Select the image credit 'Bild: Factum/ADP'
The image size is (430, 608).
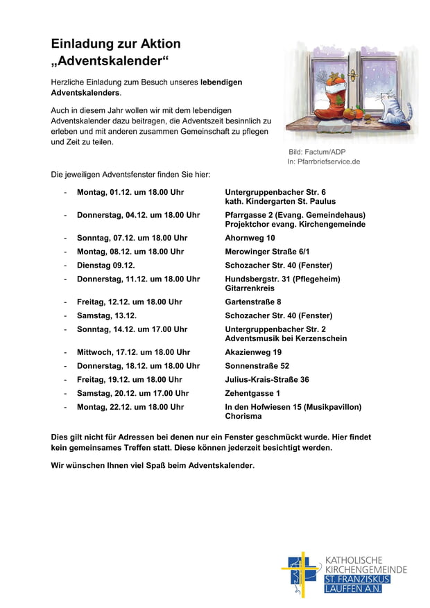point(317,152)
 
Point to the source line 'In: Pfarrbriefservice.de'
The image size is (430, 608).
point(324,162)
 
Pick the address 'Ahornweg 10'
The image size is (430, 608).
point(250,238)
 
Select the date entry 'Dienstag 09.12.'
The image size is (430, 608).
point(105,266)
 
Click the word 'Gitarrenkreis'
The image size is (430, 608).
point(250,288)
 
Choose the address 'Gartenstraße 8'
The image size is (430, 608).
point(253,302)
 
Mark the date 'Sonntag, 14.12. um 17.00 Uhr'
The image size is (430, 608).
point(132,329)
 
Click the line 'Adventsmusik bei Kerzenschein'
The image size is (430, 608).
point(286,338)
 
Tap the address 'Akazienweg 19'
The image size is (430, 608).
point(253,352)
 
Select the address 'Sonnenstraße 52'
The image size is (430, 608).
point(257,365)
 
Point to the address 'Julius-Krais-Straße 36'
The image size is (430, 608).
point(267,379)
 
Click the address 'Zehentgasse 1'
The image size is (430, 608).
point(252,393)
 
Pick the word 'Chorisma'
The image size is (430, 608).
point(243,417)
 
